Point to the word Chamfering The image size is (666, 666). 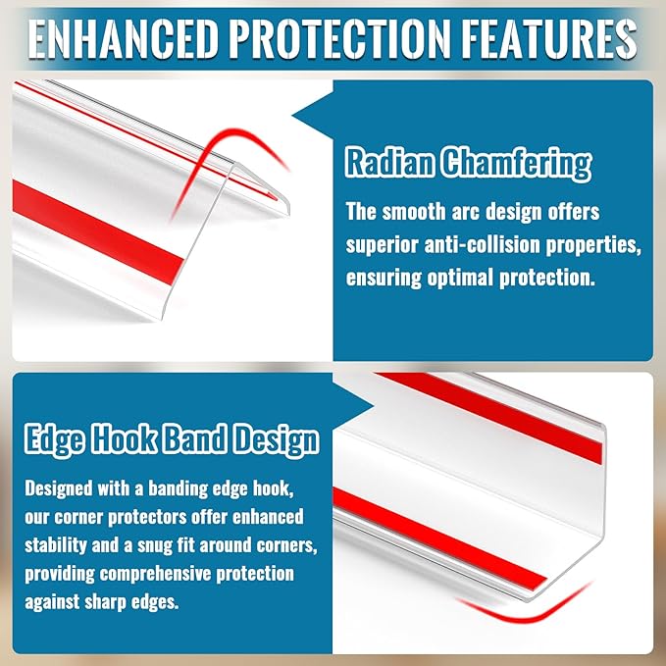tap(520, 163)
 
